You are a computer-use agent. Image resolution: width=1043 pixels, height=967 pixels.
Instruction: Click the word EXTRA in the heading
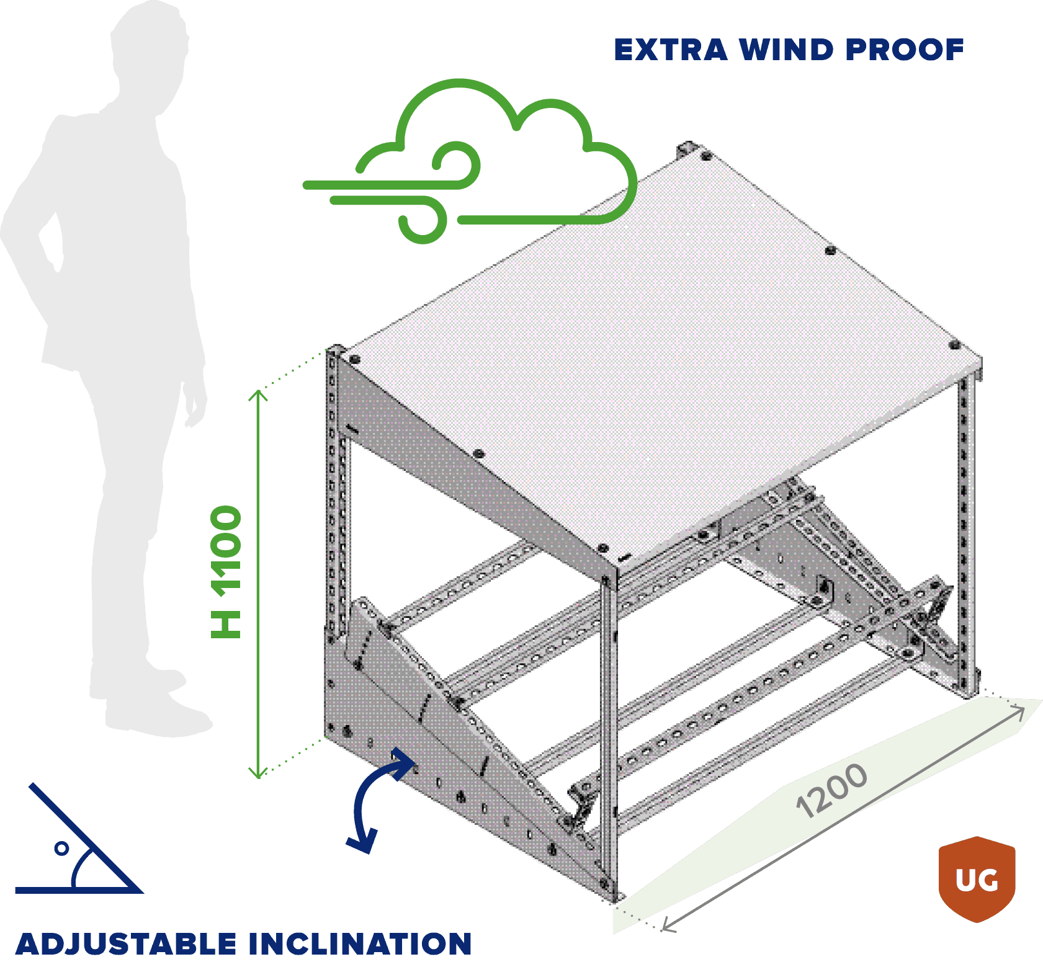tap(669, 50)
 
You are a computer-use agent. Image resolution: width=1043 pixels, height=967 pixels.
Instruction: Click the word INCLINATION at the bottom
tap(360, 944)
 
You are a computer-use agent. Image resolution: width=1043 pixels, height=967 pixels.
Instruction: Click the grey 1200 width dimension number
tap(831, 790)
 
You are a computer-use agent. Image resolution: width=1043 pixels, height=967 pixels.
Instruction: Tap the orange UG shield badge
tap(977, 879)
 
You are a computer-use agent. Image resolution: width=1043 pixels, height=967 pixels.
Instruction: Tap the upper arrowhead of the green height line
tap(258, 394)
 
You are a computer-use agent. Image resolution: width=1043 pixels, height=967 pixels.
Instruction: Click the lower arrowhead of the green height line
tap(258, 773)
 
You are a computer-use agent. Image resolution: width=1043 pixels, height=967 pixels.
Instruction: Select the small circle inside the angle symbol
tap(61, 849)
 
